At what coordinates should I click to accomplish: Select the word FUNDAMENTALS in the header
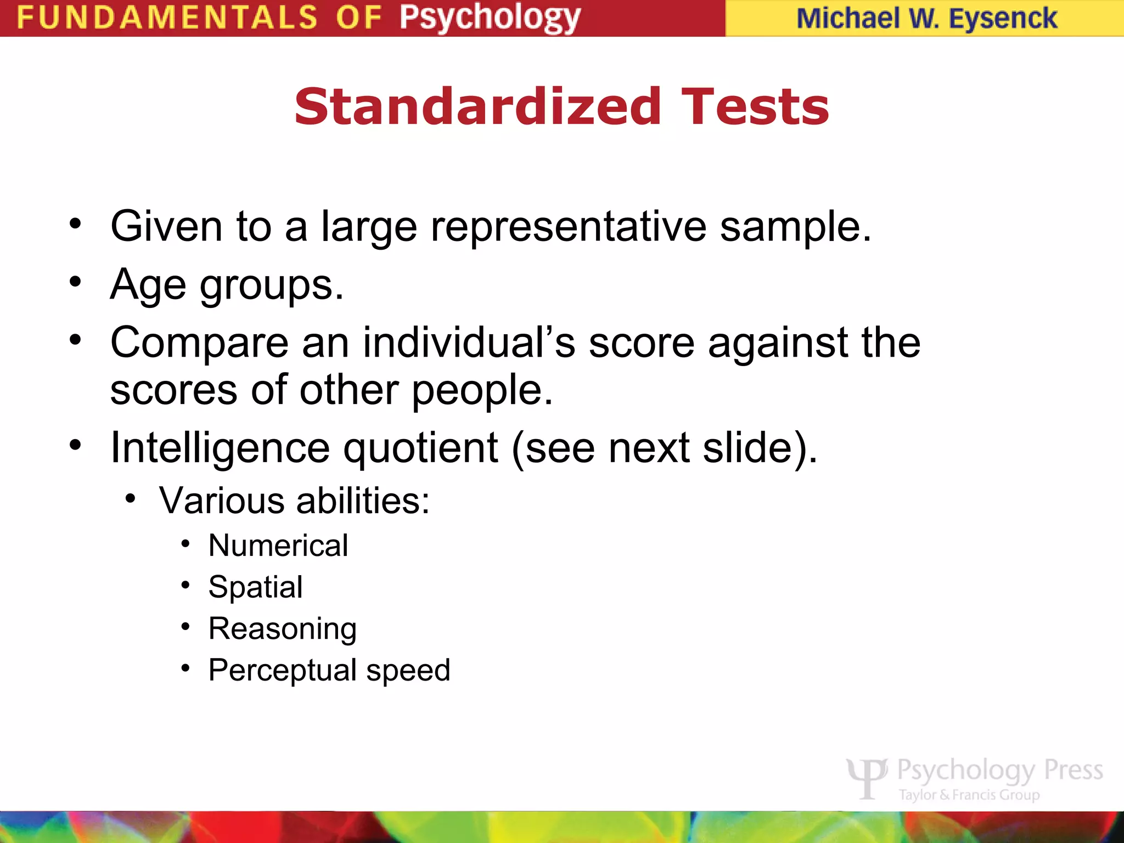(x=167, y=18)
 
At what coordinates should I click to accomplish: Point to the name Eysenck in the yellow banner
(x=1003, y=19)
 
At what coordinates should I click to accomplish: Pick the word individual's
(x=469, y=342)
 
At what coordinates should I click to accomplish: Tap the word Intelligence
(x=220, y=448)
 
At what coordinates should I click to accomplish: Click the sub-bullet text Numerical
(x=278, y=546)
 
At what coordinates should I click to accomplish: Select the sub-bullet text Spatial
(x=255, y=587)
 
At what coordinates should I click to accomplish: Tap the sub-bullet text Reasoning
(x=283, y=629)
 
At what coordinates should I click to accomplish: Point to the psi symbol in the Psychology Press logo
(x=867, y=777)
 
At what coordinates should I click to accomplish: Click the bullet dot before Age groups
(x=75, y=282)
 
